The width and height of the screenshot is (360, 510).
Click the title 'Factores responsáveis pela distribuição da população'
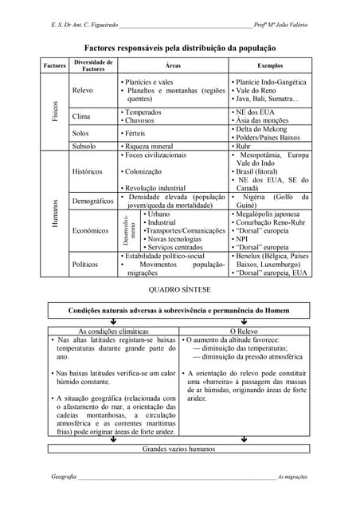click(x=179, y=48)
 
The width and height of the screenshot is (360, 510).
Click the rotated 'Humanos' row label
click(x=55, y=214)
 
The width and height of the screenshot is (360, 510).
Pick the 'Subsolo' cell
click(x=85, y=147)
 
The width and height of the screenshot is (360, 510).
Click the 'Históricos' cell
click(x=88, y=171)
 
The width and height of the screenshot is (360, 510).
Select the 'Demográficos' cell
click(x=92, y=201)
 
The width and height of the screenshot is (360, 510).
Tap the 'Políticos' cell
click(x=86, y=264)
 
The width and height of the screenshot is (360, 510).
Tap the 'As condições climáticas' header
click(x=112, y=330)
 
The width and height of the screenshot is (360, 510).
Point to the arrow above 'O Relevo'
click(x=244, y=321)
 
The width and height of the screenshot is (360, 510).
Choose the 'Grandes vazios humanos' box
click(x=178, y=449)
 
